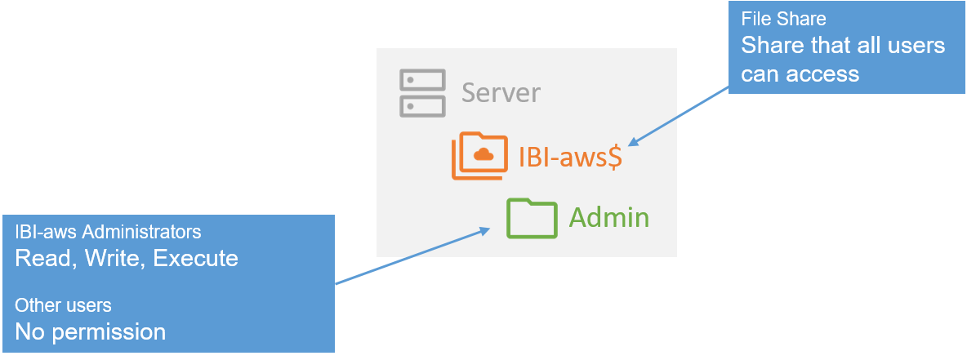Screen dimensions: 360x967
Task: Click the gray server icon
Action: pos(422,93)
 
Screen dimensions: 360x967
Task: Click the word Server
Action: pos(501,92)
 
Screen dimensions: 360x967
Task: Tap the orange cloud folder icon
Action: pos(479,155)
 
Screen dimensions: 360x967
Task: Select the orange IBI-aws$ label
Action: pos(571,155)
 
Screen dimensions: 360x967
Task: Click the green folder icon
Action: pos(531,218)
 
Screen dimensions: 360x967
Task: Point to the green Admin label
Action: pos(609,218)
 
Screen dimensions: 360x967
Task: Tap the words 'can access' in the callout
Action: pos(800,73)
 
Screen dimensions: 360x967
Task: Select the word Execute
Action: pos(196,259)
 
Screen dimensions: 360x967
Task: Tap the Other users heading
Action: pos(63,305)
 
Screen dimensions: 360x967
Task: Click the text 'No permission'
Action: pos(90,332)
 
